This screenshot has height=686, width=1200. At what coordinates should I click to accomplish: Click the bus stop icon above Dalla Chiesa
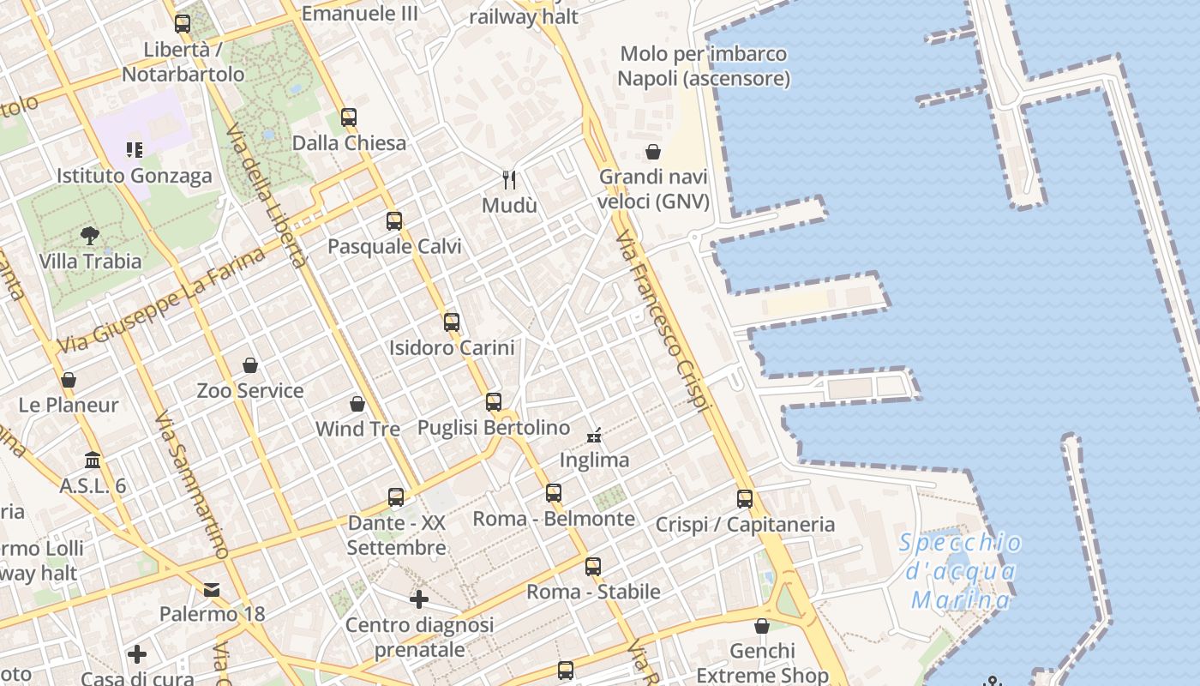coord(348,117)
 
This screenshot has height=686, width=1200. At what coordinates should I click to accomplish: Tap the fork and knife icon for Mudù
coord(510,179)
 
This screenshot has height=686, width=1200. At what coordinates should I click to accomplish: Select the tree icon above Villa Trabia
coord(90,236)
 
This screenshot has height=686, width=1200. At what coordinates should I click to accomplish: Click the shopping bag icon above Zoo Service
coord(250,365)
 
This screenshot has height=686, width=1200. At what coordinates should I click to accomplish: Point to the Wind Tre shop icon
coord(357,403)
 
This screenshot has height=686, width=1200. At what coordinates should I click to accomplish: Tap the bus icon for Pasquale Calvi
coord(394,221)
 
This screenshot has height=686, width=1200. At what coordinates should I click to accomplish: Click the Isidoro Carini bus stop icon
coord(452,322)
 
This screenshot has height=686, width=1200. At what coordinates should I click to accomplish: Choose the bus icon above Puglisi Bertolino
coord(494,401)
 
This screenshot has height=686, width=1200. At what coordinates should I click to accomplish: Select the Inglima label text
coord(594,460)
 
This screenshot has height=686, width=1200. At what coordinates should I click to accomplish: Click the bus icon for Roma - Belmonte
coord(554,493)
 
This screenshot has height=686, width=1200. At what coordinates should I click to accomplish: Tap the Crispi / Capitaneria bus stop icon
coord(745,498)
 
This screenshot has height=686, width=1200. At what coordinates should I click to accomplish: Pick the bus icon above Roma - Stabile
coord(593,566)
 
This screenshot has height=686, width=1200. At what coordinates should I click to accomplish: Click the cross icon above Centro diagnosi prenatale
coord(419,599)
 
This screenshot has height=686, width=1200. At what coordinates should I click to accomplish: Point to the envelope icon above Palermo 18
coord(212,589)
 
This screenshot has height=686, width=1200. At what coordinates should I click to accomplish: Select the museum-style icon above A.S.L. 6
coord(93,460)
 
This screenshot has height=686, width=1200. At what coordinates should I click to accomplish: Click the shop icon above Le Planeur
coord(69,379)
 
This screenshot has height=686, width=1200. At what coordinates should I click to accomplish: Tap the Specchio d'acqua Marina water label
coord(961,571)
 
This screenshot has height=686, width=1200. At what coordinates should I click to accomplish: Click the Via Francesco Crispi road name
coord(665,321)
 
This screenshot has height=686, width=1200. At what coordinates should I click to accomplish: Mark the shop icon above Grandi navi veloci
coord(653,152)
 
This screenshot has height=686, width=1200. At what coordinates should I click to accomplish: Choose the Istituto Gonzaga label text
coord(134,176)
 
